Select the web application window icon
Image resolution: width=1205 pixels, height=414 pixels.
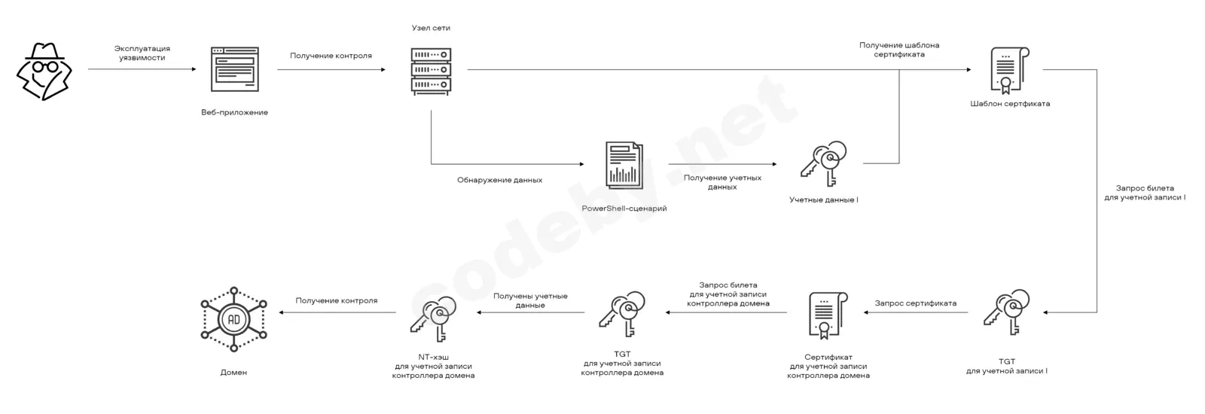[x=234, y=69]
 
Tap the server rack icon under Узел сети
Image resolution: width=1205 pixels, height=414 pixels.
[x=431, y=71]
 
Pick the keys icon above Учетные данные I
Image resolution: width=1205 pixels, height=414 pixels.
[x=823, y=163]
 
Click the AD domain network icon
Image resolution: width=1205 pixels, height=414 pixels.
[x=234, y=319]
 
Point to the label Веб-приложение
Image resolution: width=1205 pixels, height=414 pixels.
[x=234, y=112]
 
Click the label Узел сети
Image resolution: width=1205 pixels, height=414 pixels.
[x=431, y=28]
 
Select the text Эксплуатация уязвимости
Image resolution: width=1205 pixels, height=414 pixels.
[x=142, y=53]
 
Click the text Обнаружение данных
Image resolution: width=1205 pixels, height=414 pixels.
[x=500, y=180]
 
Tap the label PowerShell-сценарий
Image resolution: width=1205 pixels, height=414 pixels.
[x=624, y=209]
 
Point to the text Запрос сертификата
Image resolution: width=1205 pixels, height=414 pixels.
[x=916, y=303]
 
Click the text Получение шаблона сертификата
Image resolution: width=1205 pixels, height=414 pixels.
[x=899, y=50]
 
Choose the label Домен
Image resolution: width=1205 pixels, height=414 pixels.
[x=233, y=372]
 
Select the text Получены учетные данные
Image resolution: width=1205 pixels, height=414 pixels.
[x=530, y=300]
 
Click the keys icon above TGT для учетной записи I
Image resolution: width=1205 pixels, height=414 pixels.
[x=1006, y=312]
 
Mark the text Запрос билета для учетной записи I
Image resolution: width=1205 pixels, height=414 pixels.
[x=1145, y=193]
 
